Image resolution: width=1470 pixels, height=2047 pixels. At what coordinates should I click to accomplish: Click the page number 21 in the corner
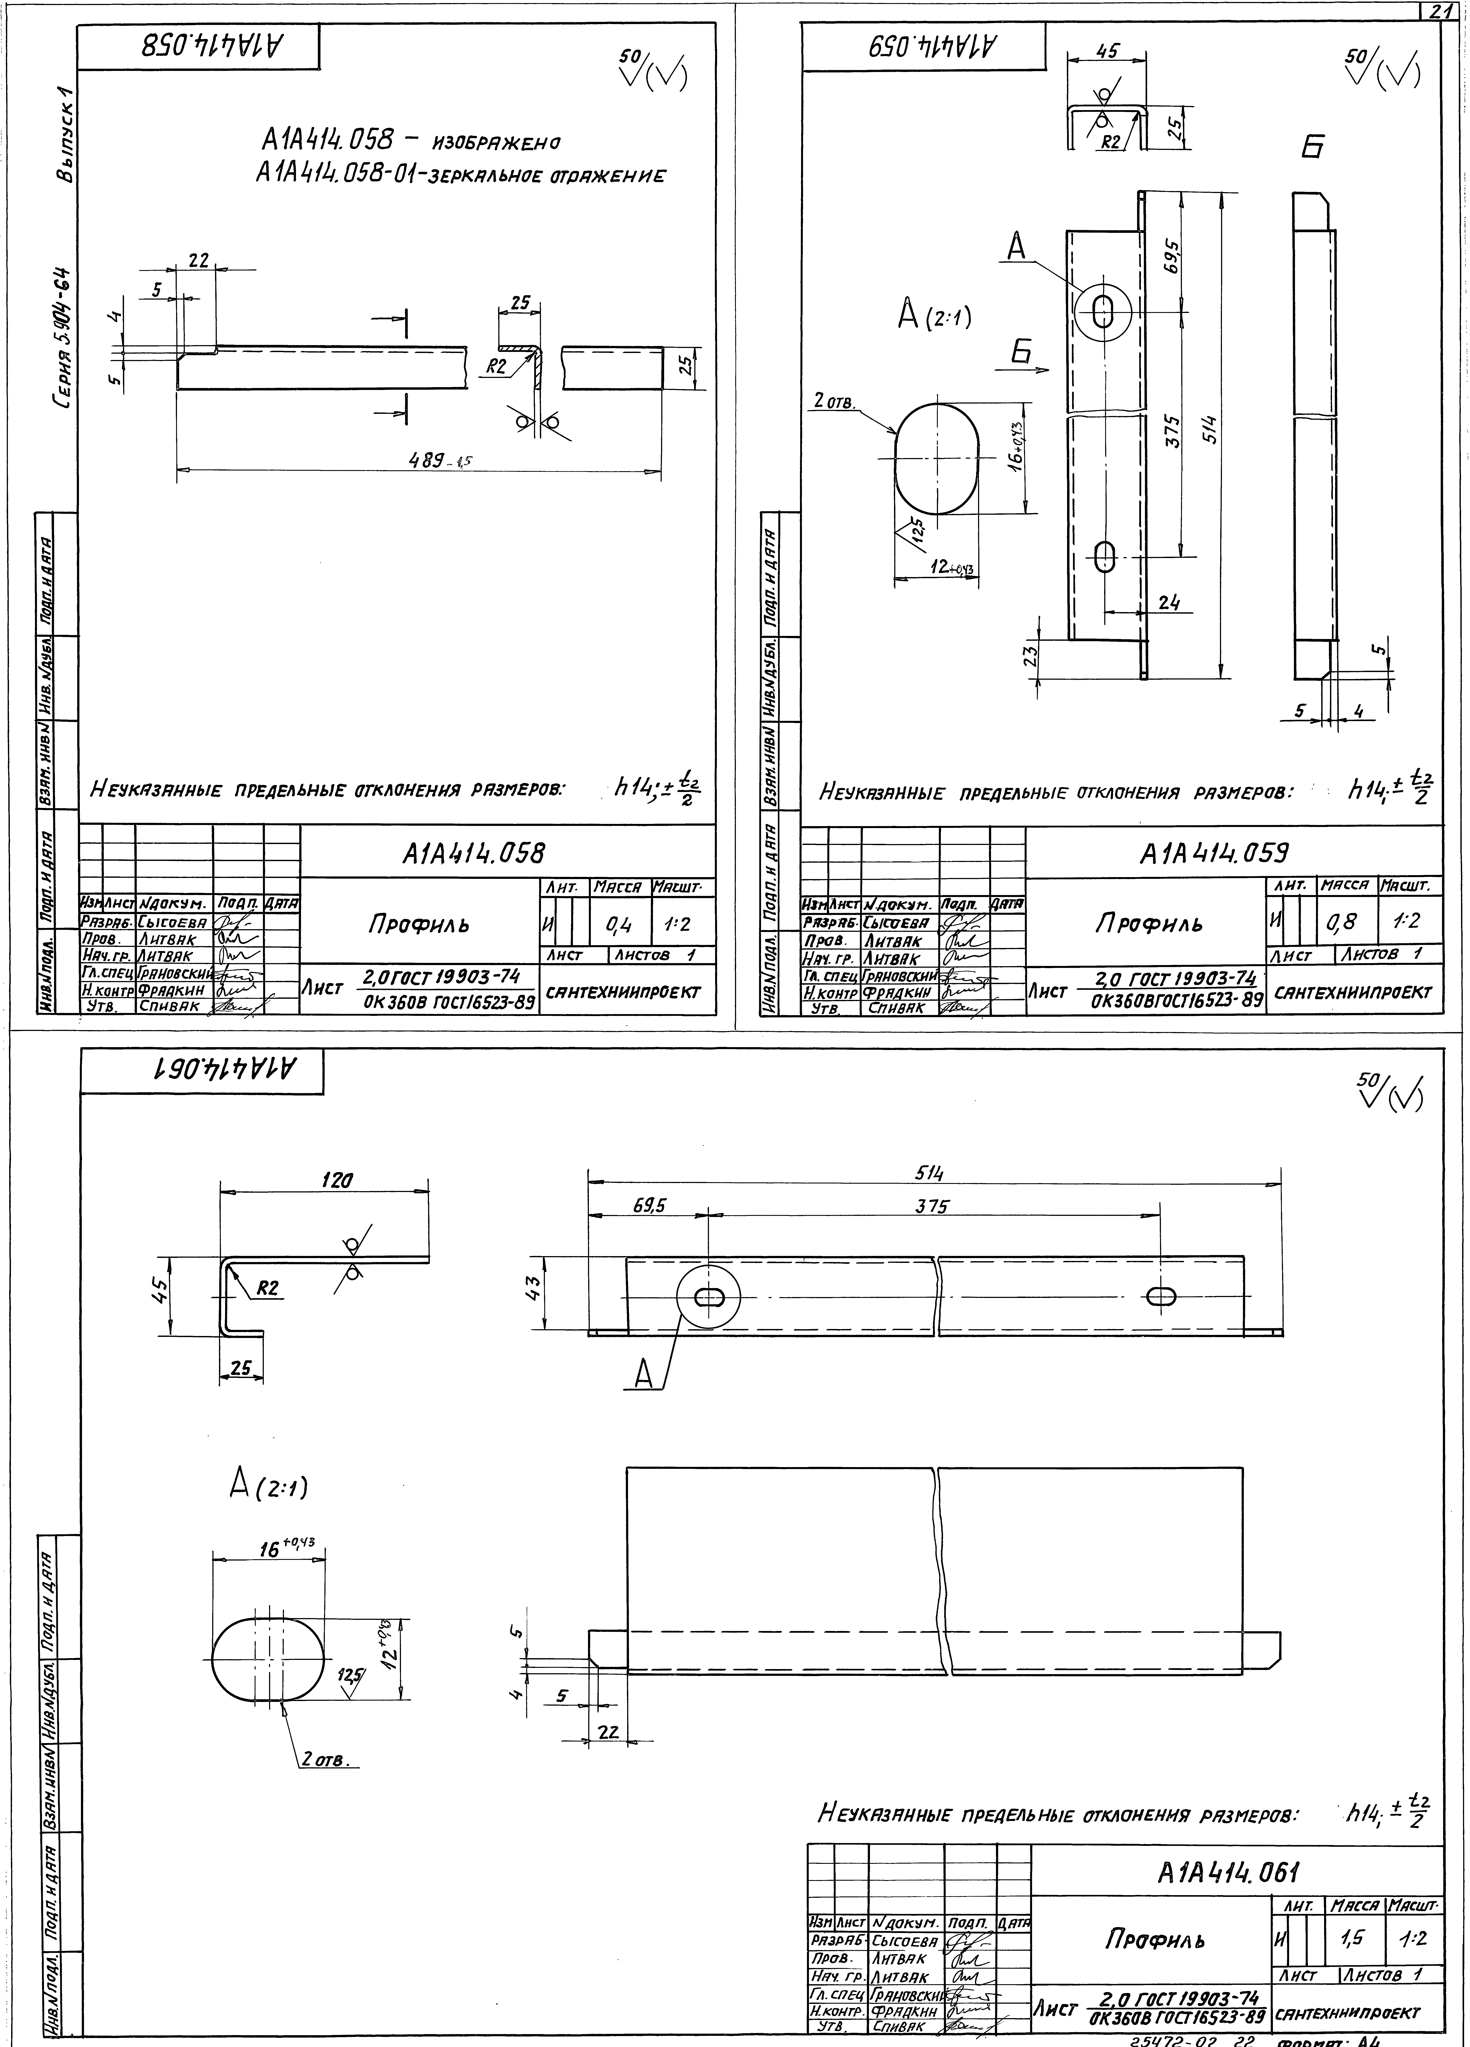click(x=1439, y=11)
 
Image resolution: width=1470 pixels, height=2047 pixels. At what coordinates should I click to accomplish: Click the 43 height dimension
click(x=534, y=1286)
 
